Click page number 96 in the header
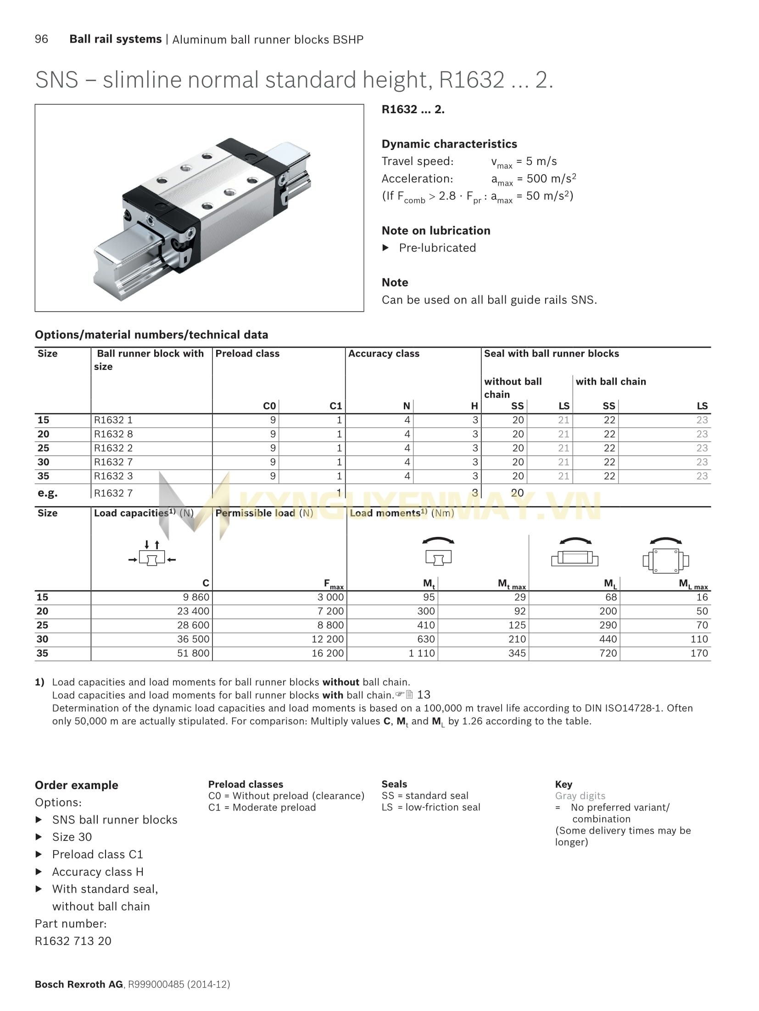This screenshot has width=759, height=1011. click(41, 39)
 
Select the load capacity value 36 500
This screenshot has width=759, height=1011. click(193, 639)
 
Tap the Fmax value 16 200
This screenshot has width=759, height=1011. click(328, 653)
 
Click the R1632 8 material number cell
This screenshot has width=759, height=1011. click(113, 434)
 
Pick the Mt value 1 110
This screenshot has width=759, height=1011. click(422, 653)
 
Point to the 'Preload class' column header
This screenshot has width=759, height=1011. click(247, 354)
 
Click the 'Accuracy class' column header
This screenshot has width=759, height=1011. click(384, 354)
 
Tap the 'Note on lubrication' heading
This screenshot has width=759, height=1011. click(436, 231)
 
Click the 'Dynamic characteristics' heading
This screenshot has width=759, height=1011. click(449, 144)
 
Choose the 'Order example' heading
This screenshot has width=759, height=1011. click(77, 785)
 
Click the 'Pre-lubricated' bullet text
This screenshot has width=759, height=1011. click(437, 248)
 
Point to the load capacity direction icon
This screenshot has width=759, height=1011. click(152, 554)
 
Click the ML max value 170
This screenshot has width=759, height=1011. click(699, 653)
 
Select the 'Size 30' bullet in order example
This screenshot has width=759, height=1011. click(72, 837)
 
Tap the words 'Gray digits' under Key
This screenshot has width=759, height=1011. click(580, 796)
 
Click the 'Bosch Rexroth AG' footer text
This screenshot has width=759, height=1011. click(79, 984)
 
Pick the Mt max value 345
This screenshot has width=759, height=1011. click(517, 653)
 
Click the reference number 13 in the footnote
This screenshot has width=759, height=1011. click(424, 695)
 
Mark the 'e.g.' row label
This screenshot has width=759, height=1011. click(47, 493)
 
